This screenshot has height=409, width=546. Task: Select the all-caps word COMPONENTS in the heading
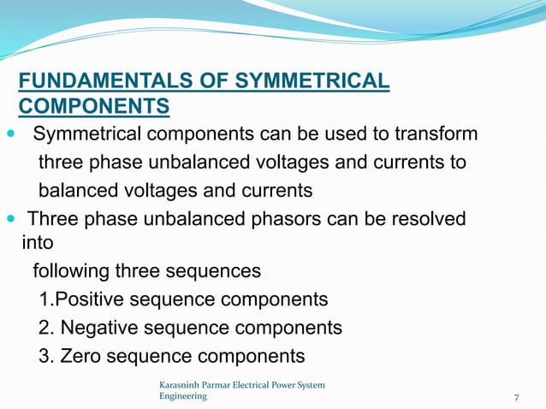coord(93,107)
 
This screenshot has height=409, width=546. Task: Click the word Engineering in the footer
coord(183,397)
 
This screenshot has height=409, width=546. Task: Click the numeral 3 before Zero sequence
coord(45,356)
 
